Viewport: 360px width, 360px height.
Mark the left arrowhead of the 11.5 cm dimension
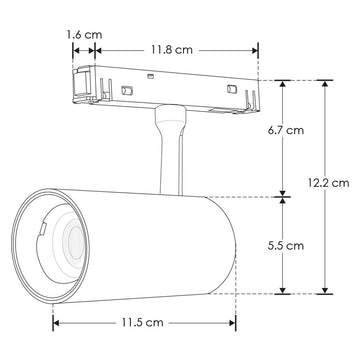(x=56, y=322)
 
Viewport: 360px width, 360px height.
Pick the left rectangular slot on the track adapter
(x=127, y=91)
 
